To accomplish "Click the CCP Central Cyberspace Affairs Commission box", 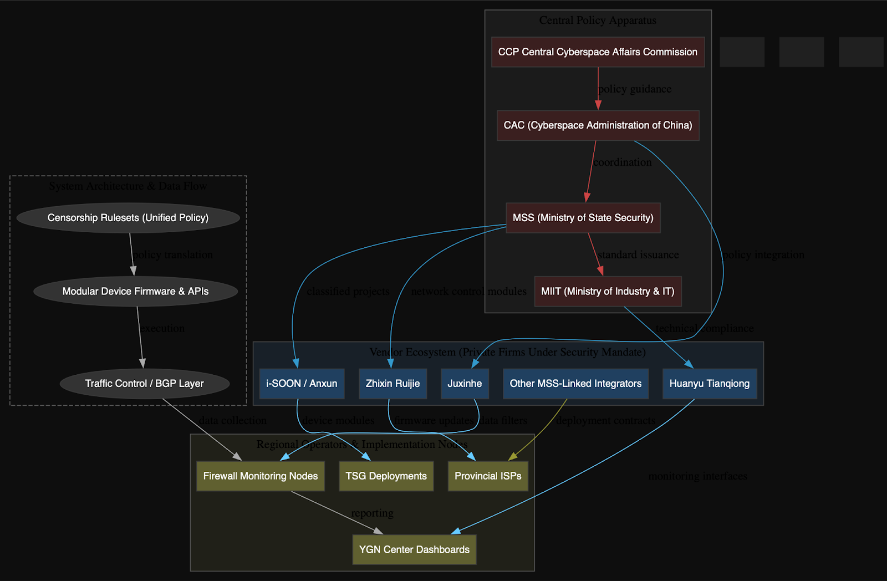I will click(x=598, y=52).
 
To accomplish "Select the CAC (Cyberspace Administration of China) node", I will click(x=598, y=125).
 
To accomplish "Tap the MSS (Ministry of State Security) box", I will click(x=583, y=218).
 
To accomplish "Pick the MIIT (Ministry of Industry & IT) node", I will click(x=608, y=292).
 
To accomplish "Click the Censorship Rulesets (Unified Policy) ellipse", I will click(x=128, y=218).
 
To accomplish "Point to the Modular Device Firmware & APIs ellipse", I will click(x=135, y=292).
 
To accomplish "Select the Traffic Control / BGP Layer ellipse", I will click(x=144, y=384).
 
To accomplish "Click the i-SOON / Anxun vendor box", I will click(x=302, y=384).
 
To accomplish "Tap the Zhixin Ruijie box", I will click(x=392, y=384).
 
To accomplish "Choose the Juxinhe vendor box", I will click(x=465, y=384).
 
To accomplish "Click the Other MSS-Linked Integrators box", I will click(x=575, y=384).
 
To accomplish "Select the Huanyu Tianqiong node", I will click(x=709, y=384).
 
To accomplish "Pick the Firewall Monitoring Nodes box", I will click(x=261, y=476).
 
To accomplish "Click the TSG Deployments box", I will click(x=386, y=476).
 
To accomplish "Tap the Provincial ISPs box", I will click(x=488, y=476).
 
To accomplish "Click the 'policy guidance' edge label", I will click(x=635, y=89).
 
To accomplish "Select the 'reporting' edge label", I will click(x=372, y=513).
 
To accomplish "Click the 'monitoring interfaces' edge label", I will click(x=697, y=476).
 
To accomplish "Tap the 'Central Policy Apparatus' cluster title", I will click(x=598, y=21).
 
